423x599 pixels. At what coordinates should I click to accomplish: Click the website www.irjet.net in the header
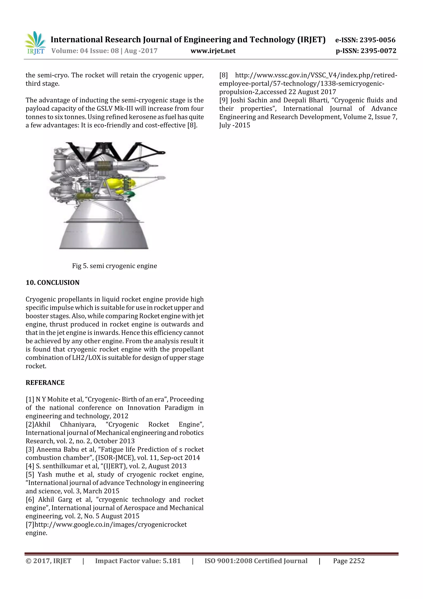213,51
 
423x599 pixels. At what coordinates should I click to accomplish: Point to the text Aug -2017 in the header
141,51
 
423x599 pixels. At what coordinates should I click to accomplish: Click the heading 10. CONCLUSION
52,282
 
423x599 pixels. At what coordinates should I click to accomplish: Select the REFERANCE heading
45,383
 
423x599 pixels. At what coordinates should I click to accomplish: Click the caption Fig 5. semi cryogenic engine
114,266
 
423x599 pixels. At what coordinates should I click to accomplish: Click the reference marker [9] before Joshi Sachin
223,100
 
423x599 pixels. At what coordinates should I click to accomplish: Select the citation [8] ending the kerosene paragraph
192,125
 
